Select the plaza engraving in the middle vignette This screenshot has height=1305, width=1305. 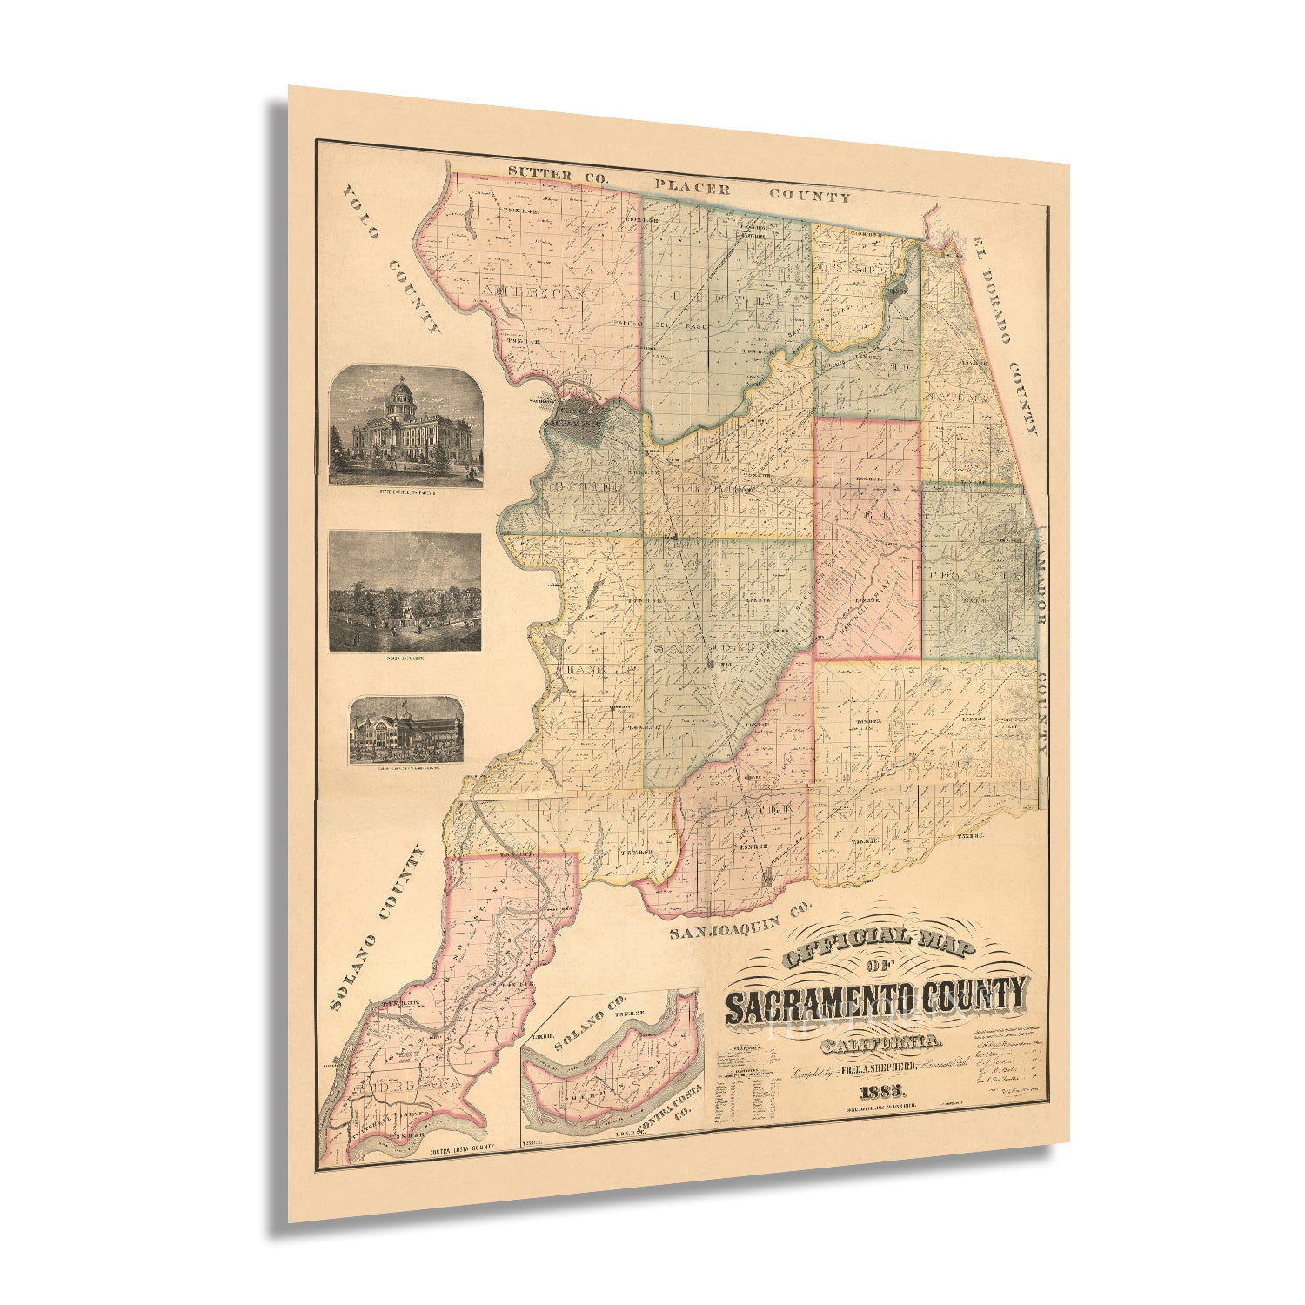[405, 592]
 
